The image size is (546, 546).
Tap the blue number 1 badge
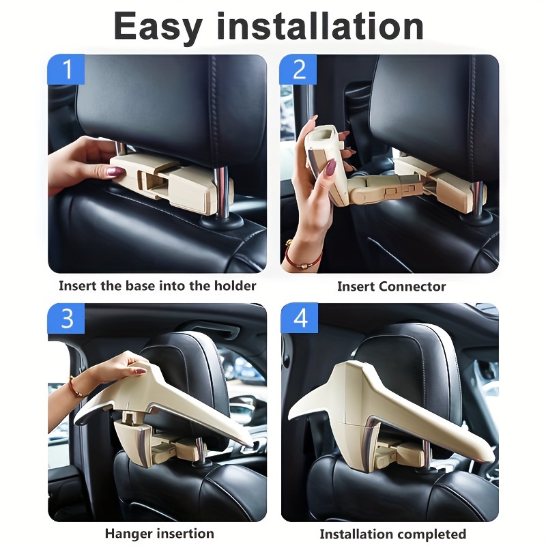66,70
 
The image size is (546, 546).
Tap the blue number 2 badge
299,70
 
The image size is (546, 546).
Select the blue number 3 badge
66,319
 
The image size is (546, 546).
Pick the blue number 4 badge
299,319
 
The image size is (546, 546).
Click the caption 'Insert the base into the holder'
157,286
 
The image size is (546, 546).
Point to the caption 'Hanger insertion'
159,533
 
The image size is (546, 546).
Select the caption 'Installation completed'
392,534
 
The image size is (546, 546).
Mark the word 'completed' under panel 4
432,534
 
